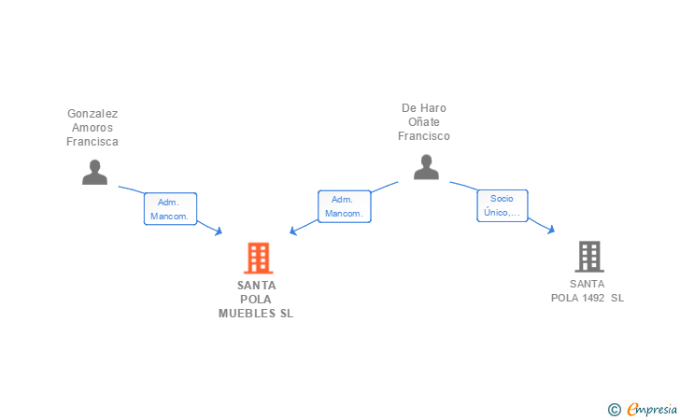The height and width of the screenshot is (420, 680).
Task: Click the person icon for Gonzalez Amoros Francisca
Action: pos(94,172)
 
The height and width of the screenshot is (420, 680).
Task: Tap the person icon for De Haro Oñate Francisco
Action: pos(426,167)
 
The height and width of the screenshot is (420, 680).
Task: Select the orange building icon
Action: pos(258,258)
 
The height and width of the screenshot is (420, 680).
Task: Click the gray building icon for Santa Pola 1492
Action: pos(588,256)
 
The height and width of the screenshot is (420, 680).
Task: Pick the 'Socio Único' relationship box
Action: pos(503,205)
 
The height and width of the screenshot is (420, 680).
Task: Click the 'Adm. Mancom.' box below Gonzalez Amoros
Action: pos(169,209)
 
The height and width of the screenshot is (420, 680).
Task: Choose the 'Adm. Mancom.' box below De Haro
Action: pos(344,206)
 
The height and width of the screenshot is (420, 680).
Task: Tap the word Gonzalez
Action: pos(92,114)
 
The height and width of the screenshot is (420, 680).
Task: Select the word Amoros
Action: pos(92,128)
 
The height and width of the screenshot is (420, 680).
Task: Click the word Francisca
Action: pos(92,142)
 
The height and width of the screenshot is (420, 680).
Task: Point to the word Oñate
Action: pos(424,122)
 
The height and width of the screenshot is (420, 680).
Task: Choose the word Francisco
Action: pos(424,136)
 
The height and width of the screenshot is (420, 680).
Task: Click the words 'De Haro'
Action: pos(424,108)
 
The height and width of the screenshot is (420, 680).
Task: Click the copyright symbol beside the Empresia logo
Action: pos(615,409)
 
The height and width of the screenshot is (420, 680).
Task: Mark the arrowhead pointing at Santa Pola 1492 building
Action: pos(552,230)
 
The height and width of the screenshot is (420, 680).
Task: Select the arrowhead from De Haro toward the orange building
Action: pos(293,231)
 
